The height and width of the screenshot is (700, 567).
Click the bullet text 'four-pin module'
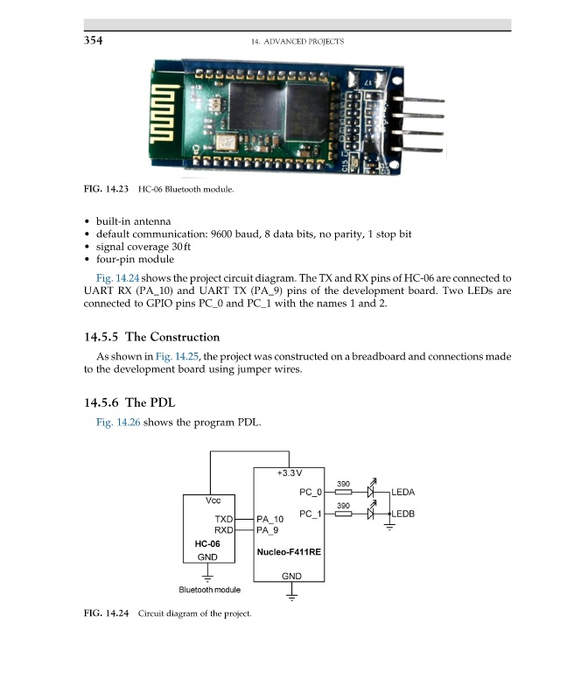[135, 259]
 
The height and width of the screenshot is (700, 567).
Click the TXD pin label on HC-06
[223, 519]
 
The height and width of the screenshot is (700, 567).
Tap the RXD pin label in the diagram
[223, 530]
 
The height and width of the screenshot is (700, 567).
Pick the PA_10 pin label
[272, 519]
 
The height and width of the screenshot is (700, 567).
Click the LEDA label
[403, 493]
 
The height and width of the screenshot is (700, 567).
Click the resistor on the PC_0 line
[344, 493]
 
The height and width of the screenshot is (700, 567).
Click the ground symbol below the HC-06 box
[207, 577]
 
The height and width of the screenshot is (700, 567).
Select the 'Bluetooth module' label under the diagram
[209, 590]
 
